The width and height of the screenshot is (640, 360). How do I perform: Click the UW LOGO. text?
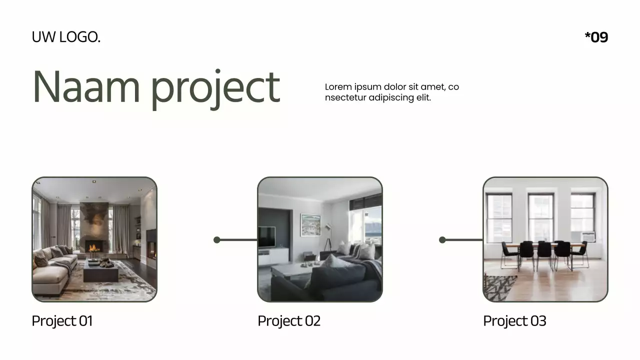pos(66,37)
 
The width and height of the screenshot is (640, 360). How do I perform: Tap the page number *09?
pos(596,37)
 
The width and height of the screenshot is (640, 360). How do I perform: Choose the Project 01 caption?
pos(62,321)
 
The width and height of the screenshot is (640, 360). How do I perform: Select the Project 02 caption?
pos(288,321)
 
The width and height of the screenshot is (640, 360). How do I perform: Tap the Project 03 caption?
pos(514,321)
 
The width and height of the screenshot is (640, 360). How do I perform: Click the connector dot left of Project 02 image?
pos(217,240)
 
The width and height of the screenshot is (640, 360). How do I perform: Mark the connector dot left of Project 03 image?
pos(442,240)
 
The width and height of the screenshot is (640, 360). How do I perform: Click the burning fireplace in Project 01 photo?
pos(93,246)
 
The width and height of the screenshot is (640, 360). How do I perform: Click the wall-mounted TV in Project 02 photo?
pos(266,236)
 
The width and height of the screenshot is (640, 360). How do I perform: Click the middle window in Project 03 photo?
pos(541,216)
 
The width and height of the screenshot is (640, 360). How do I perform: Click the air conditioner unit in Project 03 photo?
pos(588,236)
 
